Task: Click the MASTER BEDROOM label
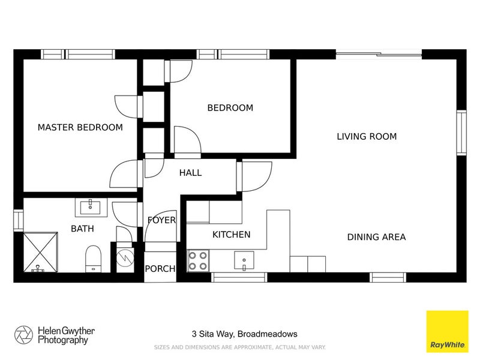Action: tap(80, 127)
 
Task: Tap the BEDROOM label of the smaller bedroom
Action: tap(230, 108)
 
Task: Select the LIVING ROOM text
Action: tap(367, 136)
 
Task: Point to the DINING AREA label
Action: tap(377, 237)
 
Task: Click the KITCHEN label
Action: tap(232, 235)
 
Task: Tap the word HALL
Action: tap(190, 173)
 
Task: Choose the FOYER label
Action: tap(161, 220)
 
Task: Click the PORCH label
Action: tap(160, 269)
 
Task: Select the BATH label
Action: tap(82, 229)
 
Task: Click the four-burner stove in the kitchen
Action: tap(198, 261)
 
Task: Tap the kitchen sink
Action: tap(244, 260)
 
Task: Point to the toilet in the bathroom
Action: tap(94, 259)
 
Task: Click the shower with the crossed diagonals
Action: tap(40, 252)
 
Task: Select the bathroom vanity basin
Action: tap(91, 207)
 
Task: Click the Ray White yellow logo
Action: tap(447, 332)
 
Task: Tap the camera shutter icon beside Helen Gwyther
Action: tap(23, 335)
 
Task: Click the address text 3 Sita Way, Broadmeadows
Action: tap(245, 334)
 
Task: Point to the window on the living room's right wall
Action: tap(461, 133)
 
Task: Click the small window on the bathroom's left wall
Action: tap(19, 220)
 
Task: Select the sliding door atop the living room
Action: tap(379, 55)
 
